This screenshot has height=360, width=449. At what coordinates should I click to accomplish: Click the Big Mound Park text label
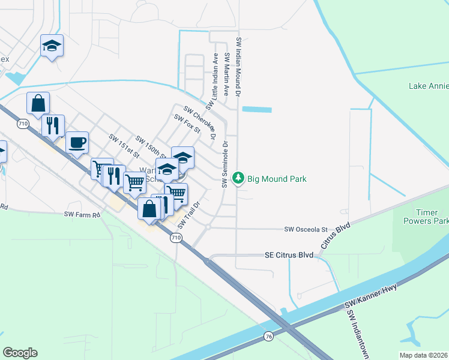[x=277, y=179]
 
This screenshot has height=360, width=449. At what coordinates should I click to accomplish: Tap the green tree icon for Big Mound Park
[x=239, y=178]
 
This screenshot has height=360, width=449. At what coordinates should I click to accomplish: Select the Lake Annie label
[x=429, y=86]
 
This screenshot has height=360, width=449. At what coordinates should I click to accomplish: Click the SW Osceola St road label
[x=306, y=229]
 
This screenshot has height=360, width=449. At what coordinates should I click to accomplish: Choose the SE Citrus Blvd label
[x=289, y=255]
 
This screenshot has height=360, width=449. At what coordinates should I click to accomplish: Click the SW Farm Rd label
[x=81, y=214]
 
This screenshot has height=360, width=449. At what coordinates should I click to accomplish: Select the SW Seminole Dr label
[x=226, y=164]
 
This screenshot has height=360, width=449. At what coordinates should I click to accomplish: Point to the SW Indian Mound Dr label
[x=238, y=67]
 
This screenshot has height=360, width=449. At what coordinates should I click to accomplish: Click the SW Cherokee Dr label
[x=200, y=122]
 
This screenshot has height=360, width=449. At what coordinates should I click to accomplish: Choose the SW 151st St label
[x=120, y=145]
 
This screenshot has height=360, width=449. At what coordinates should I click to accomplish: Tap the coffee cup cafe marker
[x=77, y=143]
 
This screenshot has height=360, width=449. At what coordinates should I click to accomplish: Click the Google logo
[x=20, y=353]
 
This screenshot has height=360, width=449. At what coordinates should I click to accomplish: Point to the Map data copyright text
[x=424, y=355]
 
